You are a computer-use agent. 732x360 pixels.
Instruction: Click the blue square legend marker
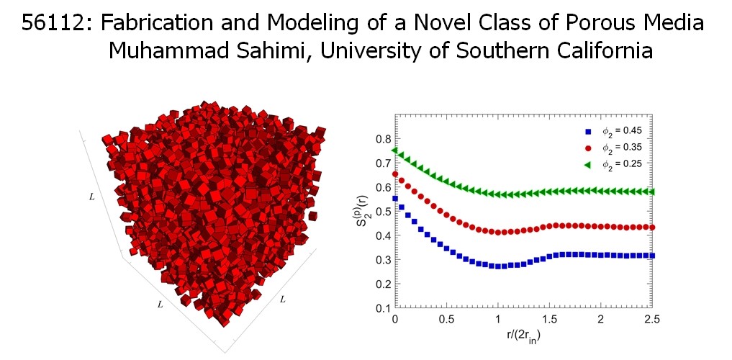coord(588,131)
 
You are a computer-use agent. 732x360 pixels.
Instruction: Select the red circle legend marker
coord(588,147)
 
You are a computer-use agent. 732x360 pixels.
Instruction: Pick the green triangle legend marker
coord(588,163)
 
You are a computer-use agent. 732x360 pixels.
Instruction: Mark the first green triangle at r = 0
coord(394,150)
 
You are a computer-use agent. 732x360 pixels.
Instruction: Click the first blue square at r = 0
coord(394,198)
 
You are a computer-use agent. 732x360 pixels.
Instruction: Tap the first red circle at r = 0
coord(394,174)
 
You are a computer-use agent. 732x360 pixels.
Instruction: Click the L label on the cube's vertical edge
coord(91,196)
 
